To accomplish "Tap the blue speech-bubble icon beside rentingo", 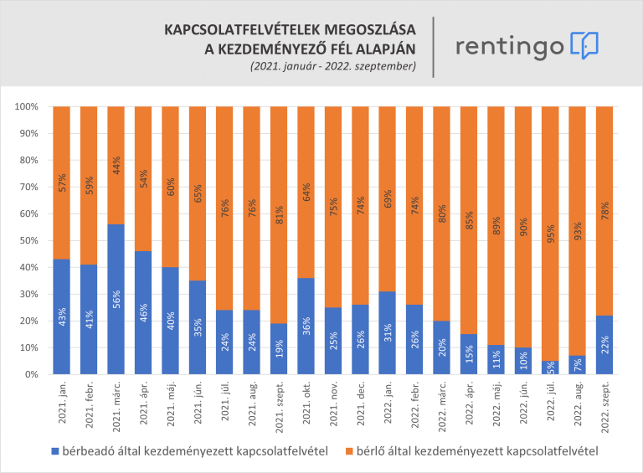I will (584, 44).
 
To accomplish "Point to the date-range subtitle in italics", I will (332, 65).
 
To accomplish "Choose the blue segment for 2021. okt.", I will (306, 326).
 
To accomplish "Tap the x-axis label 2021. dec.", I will (359, 410).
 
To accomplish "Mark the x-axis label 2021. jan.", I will (63, 410).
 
